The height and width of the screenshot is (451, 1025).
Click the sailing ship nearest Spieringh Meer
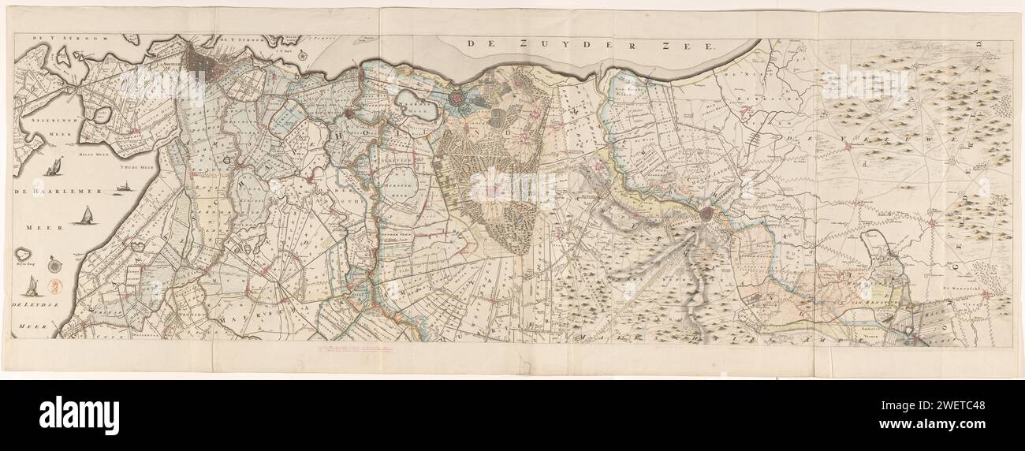click(55, 168)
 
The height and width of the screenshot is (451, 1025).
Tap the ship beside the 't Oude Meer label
click(123, 187)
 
